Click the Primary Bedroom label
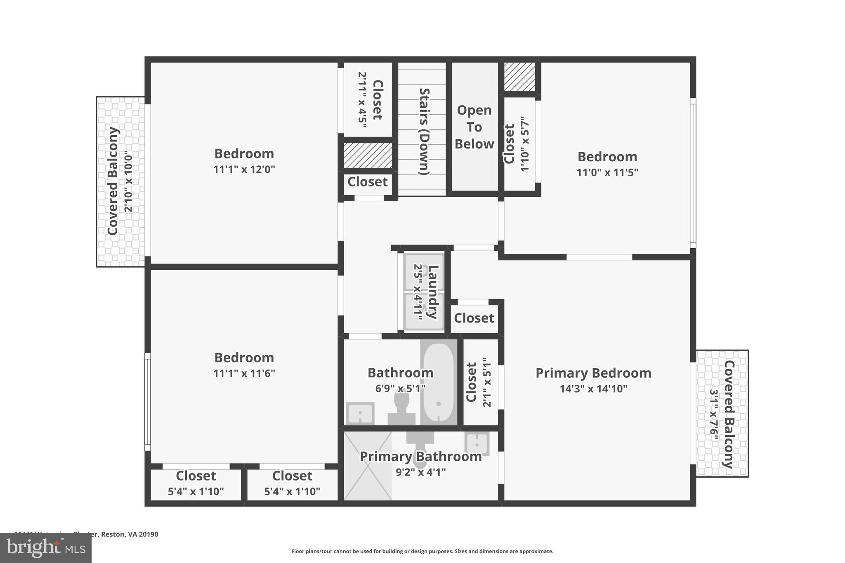(593, 373)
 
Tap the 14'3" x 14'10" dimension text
(593, 389)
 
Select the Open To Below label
(474, 127)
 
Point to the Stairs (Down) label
(424, 131)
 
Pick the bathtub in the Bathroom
(438, 382)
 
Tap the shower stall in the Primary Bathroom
(367, 466)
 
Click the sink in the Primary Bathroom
(477, 444)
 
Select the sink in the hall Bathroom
(360, 413)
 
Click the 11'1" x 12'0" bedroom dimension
(244, 170)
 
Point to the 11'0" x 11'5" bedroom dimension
(607, 172)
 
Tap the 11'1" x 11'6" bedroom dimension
(244, 373)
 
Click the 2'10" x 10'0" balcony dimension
(129, 181)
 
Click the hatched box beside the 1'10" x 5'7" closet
(519, 77)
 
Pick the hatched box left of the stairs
(368, 155)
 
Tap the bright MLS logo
(46, 548)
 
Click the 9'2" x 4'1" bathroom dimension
(420, 472)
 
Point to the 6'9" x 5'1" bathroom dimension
(400, 389)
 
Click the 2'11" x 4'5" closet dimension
(362, 100)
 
